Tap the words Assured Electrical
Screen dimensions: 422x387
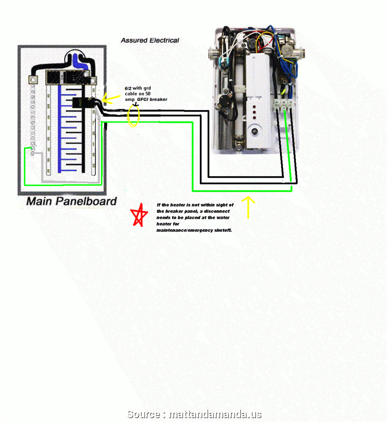pos(150,40)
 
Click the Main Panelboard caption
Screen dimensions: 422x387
pos(71,202)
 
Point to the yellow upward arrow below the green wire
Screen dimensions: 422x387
pos(248,207)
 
